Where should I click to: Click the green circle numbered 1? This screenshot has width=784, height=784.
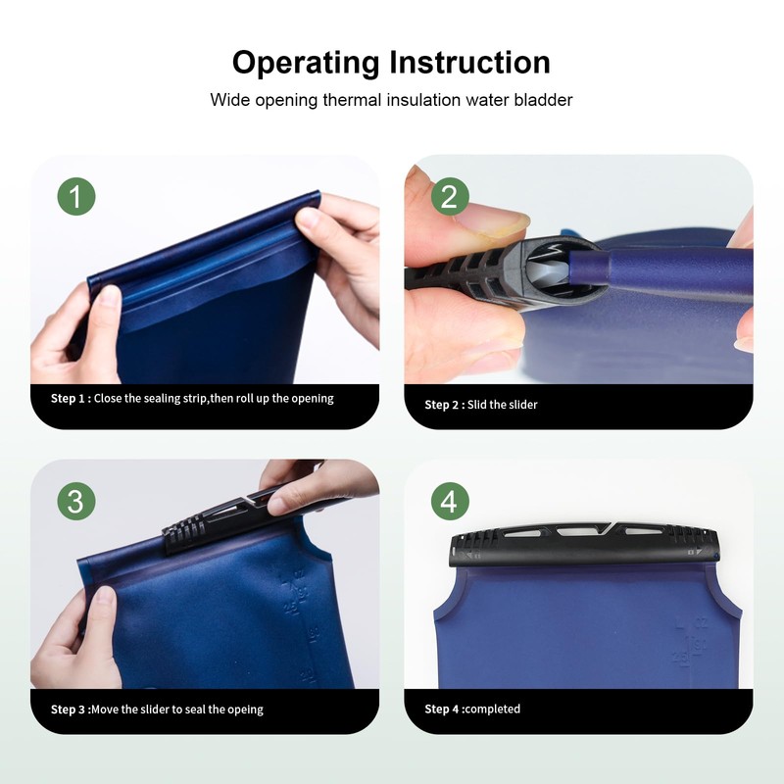[76, 197]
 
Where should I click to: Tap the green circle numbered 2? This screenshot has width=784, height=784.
[450, 197]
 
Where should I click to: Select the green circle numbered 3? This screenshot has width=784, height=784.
[76, 501]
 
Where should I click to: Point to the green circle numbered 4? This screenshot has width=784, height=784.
[450, 501]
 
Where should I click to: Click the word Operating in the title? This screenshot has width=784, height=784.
[306, 63]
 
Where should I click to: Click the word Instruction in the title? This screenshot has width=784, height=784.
[469, 62]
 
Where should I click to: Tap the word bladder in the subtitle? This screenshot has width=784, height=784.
[544, 100]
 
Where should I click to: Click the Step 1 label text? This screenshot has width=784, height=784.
[71, 399]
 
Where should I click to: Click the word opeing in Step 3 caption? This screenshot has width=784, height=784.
[245, 710]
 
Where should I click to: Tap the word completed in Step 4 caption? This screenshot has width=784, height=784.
[493, 709]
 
